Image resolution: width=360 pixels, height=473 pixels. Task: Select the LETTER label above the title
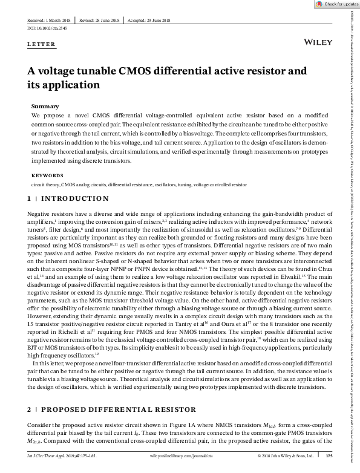[x=42, y=45]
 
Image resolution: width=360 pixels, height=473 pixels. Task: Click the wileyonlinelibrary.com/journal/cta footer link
[x=180, y=455]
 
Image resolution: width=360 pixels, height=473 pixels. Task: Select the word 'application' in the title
[x=59, y=85]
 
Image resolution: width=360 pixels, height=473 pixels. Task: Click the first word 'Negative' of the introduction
[x=38, y=214]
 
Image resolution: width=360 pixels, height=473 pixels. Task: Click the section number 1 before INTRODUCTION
[x=30, y=198]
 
